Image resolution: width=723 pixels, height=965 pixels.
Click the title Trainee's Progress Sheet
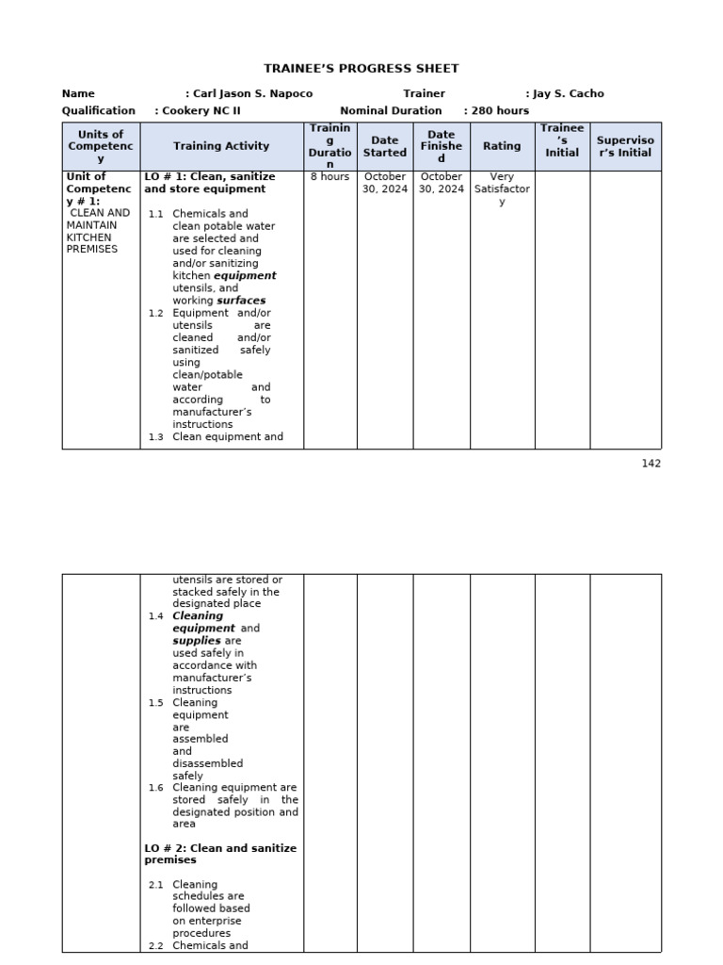tap(361, 69)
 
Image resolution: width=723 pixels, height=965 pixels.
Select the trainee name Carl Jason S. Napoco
tap(252, 94)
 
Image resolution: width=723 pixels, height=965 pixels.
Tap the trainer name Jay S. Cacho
tap(568, 94)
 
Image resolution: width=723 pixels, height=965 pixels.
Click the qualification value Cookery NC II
tap(201, 110)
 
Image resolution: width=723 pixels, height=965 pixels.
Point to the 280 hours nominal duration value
tap(500, 110)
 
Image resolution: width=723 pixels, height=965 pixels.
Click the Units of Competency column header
tap(101, 146)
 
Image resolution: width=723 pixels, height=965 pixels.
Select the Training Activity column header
tap(221, 146)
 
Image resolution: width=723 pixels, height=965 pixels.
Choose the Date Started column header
tap(385, 146)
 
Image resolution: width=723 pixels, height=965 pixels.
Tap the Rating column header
tap(502, 146)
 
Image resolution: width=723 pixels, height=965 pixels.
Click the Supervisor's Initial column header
tap(625, 146)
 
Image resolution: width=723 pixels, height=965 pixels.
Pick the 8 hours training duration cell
tap(329, 177)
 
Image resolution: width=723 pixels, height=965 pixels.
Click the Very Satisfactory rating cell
tap(502, 188)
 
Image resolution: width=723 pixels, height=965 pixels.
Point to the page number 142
tap(651, 464)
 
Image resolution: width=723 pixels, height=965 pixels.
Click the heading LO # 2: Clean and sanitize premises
tap(220, 854)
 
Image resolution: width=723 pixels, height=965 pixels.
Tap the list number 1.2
tap(155, 314)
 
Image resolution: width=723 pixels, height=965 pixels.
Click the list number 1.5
tap(155, 703)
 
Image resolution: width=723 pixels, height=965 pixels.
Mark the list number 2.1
tap(155, 885)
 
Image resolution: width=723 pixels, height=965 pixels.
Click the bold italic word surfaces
tap(241, 301)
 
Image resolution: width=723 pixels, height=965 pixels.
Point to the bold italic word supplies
tap(197, 641)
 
